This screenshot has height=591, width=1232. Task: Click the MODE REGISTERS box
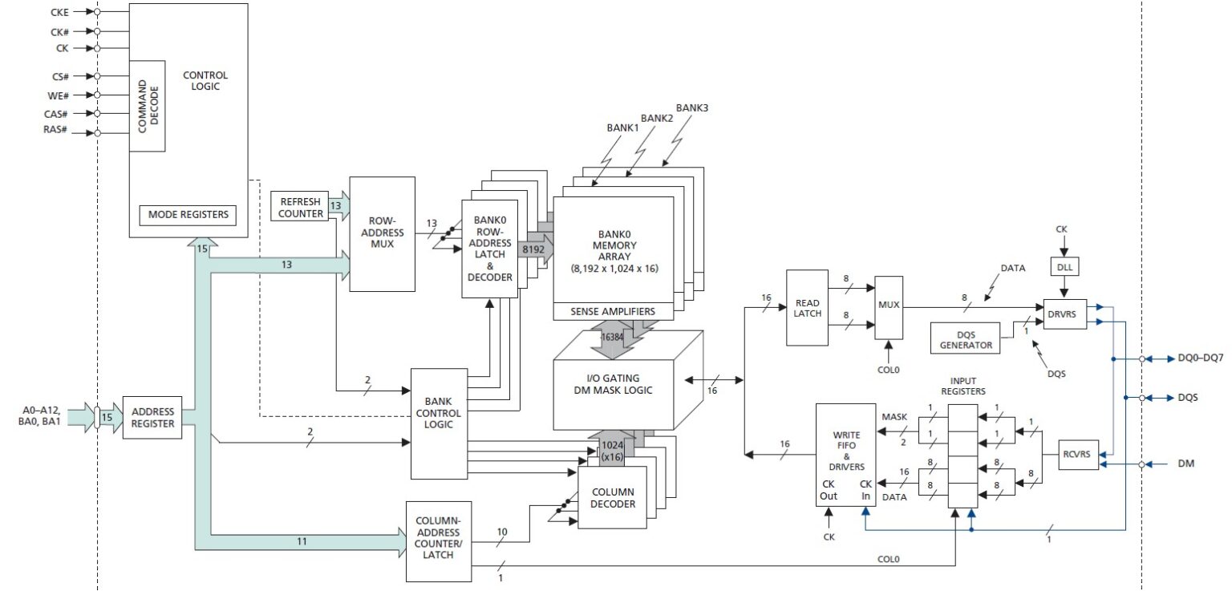(188, 215)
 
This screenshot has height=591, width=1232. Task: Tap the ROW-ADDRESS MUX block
(383, 233)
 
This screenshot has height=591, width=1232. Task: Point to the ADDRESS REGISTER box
(152, 417)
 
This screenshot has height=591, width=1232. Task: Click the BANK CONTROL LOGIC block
(439, 413)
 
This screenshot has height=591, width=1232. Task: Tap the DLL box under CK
(1062, 265)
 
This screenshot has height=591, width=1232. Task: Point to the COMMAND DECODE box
(147, 106)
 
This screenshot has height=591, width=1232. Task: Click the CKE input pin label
(59, 12)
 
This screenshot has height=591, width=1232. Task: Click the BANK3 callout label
(691, 107)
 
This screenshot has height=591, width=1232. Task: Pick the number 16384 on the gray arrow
(613, 338)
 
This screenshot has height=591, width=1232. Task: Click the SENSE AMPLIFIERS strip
(613, 311)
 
